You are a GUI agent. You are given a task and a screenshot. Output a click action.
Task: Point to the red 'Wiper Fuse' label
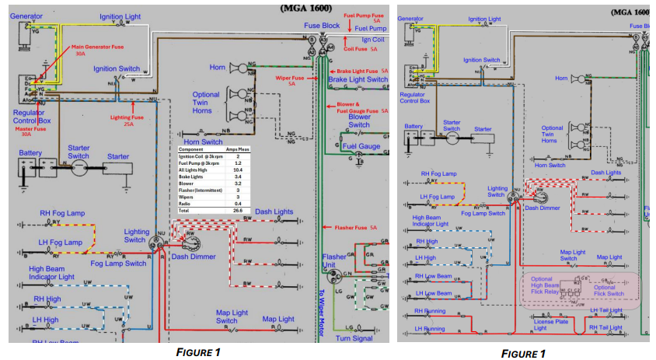coord(292,80)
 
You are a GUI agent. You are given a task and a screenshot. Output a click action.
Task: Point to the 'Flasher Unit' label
coord(334,261)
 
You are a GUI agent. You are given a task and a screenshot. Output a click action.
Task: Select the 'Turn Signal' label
coord(354,337)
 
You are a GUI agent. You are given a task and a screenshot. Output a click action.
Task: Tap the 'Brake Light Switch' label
coord(358,79)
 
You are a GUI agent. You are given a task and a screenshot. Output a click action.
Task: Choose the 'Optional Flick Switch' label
coord(609,291)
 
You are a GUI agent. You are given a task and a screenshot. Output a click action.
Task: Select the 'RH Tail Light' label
coord(606,327)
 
